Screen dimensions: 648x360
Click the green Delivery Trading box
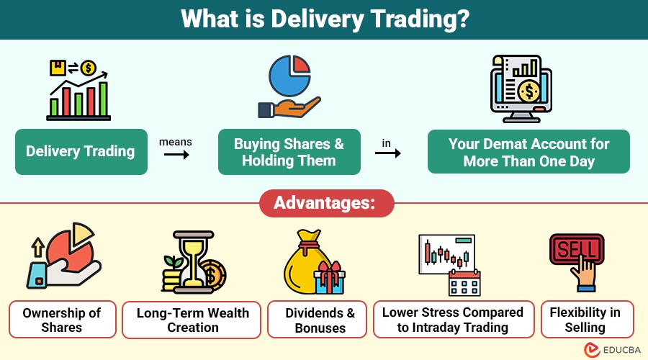click(81, 152)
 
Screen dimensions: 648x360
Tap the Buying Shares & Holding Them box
click(289, 152)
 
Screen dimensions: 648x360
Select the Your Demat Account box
click(528, 152)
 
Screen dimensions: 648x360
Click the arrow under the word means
click(176, 155)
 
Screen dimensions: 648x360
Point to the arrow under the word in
click(387, 153)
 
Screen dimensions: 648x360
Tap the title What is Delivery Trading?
click(325, 19)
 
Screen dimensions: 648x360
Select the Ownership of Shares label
click(63, 320)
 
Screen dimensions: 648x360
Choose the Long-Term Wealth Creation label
click(192, 320)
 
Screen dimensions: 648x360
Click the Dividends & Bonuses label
click(317, 320)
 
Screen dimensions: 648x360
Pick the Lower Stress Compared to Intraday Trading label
click(454, 320)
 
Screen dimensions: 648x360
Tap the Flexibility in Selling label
click(588, 320)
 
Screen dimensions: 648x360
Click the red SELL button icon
click(577, 249)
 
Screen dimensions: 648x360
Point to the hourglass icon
click(194, 261)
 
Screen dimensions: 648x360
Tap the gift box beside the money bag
click(329, 278)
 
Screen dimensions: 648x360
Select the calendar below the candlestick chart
click(464, 282)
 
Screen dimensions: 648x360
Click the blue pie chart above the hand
click(289, 76)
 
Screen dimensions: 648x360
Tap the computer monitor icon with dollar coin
click(521, 89)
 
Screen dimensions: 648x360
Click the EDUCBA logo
click(613, 350)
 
